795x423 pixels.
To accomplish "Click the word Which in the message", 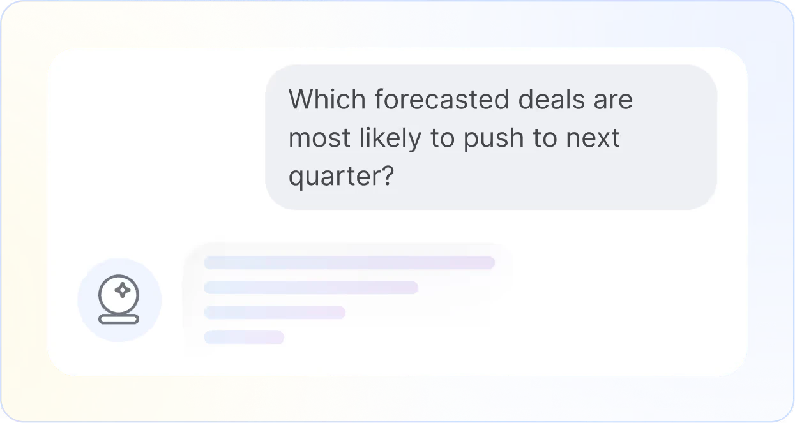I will point(327,100).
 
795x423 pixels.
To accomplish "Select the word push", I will point(497,139).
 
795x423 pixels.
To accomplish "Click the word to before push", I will point(442,139).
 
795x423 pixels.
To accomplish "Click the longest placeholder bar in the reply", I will point(349,262).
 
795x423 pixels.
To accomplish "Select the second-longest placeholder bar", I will point(311,287).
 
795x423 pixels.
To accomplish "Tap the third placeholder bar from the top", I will point(275,312).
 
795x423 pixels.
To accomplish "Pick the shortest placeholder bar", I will point(244,337).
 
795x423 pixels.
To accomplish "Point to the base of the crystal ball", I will point(119,318).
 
